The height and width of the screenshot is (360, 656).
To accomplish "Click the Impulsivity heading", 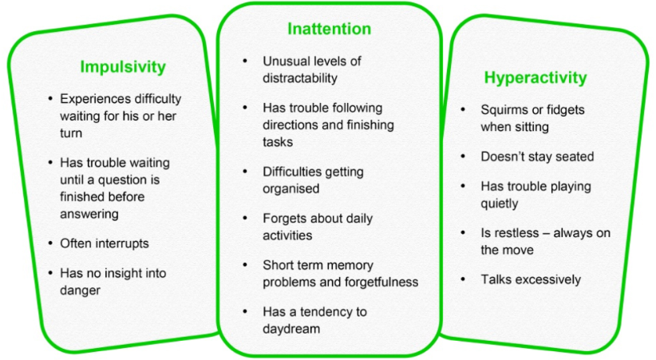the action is (x=123, y=67).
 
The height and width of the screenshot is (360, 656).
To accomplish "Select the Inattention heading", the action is (x=330, y=29).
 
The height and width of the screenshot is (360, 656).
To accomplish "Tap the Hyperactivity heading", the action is (x=535, y=78).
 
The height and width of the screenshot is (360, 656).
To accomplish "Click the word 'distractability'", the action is (x=300, y=78).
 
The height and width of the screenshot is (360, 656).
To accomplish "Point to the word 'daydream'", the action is (x=291, y=329).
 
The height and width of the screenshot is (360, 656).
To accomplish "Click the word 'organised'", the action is (x=290, y=189).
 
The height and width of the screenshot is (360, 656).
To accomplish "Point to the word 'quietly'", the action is (x=500, y=204).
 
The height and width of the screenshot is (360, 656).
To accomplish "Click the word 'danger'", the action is (x=80, y=290).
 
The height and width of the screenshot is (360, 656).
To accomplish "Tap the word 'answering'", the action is (x=89, y=215).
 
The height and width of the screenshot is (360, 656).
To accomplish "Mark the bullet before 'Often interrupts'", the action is (x=50, y=243).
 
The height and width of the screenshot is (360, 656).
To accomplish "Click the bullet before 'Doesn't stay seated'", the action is (x=463, y=156).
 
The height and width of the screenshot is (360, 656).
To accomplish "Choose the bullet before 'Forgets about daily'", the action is (x=245, y=218).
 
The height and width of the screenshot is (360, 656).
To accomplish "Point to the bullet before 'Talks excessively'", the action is (x=463, y=279).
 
